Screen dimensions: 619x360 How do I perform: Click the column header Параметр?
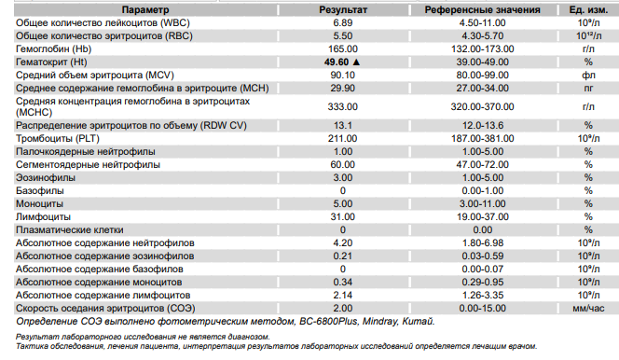tap(145, 10)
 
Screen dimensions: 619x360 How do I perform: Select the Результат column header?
tap(343, 10)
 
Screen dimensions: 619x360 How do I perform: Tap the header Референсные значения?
tap(482, 10)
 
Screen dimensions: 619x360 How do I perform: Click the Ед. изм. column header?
tap(588, 10)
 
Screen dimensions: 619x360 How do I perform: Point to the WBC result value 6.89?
tap(343, 23)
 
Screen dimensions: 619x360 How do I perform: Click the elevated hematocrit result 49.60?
tap(337, 62)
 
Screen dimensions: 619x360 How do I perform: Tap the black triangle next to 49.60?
tap(356, 62)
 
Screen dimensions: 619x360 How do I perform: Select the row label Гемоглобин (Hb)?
tap(54, 48)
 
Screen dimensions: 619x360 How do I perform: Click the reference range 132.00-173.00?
tap(482, 48)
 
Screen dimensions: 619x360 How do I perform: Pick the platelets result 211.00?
tap(343, 139)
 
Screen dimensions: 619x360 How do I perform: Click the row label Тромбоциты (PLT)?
tap(58, 139)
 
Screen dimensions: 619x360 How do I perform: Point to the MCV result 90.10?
tap(343, 75)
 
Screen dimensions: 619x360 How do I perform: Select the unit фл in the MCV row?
tap(588, 75)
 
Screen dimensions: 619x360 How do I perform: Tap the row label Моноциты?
tap(39, 203)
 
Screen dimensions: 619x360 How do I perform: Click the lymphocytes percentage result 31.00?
tap(343, 216)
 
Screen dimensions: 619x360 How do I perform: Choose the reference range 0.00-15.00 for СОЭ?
tap(482, 308)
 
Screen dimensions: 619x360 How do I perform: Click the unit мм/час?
tap(588, 309)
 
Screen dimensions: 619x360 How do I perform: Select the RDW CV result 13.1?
tap(343, 126)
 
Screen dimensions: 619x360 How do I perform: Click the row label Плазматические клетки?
tap(70, 229)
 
